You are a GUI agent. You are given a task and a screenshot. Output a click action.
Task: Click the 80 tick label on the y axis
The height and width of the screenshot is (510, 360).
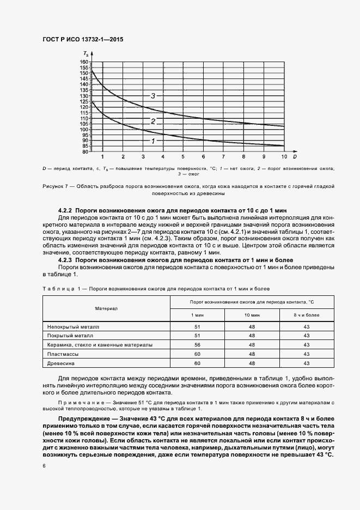point(85,151)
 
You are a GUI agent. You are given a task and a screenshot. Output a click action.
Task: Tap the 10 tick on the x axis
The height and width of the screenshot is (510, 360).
point(283,156)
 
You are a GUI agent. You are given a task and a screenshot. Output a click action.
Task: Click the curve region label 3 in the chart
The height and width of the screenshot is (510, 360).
point(153,96)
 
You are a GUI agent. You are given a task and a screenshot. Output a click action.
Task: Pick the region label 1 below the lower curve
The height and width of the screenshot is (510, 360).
point(153,141)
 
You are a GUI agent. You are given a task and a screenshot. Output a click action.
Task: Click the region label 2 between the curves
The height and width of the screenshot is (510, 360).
point(153,121)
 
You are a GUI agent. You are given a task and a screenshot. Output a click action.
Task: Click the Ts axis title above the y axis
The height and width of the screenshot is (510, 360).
point(86,53)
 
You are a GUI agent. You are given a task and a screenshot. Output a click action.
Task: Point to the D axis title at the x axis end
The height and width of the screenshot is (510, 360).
point(294,156)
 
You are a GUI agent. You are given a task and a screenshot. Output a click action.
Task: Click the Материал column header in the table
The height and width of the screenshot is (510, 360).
point(107,308)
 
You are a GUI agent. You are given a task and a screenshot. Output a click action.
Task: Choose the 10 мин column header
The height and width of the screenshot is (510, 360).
point(251,315)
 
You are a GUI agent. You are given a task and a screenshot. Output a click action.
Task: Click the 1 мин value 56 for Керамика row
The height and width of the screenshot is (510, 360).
point(197,345)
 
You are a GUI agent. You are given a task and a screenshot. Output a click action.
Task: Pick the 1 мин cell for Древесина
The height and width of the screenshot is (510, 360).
point(197,363)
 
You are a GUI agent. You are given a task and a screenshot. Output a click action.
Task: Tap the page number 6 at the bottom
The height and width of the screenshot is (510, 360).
point(44,466)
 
